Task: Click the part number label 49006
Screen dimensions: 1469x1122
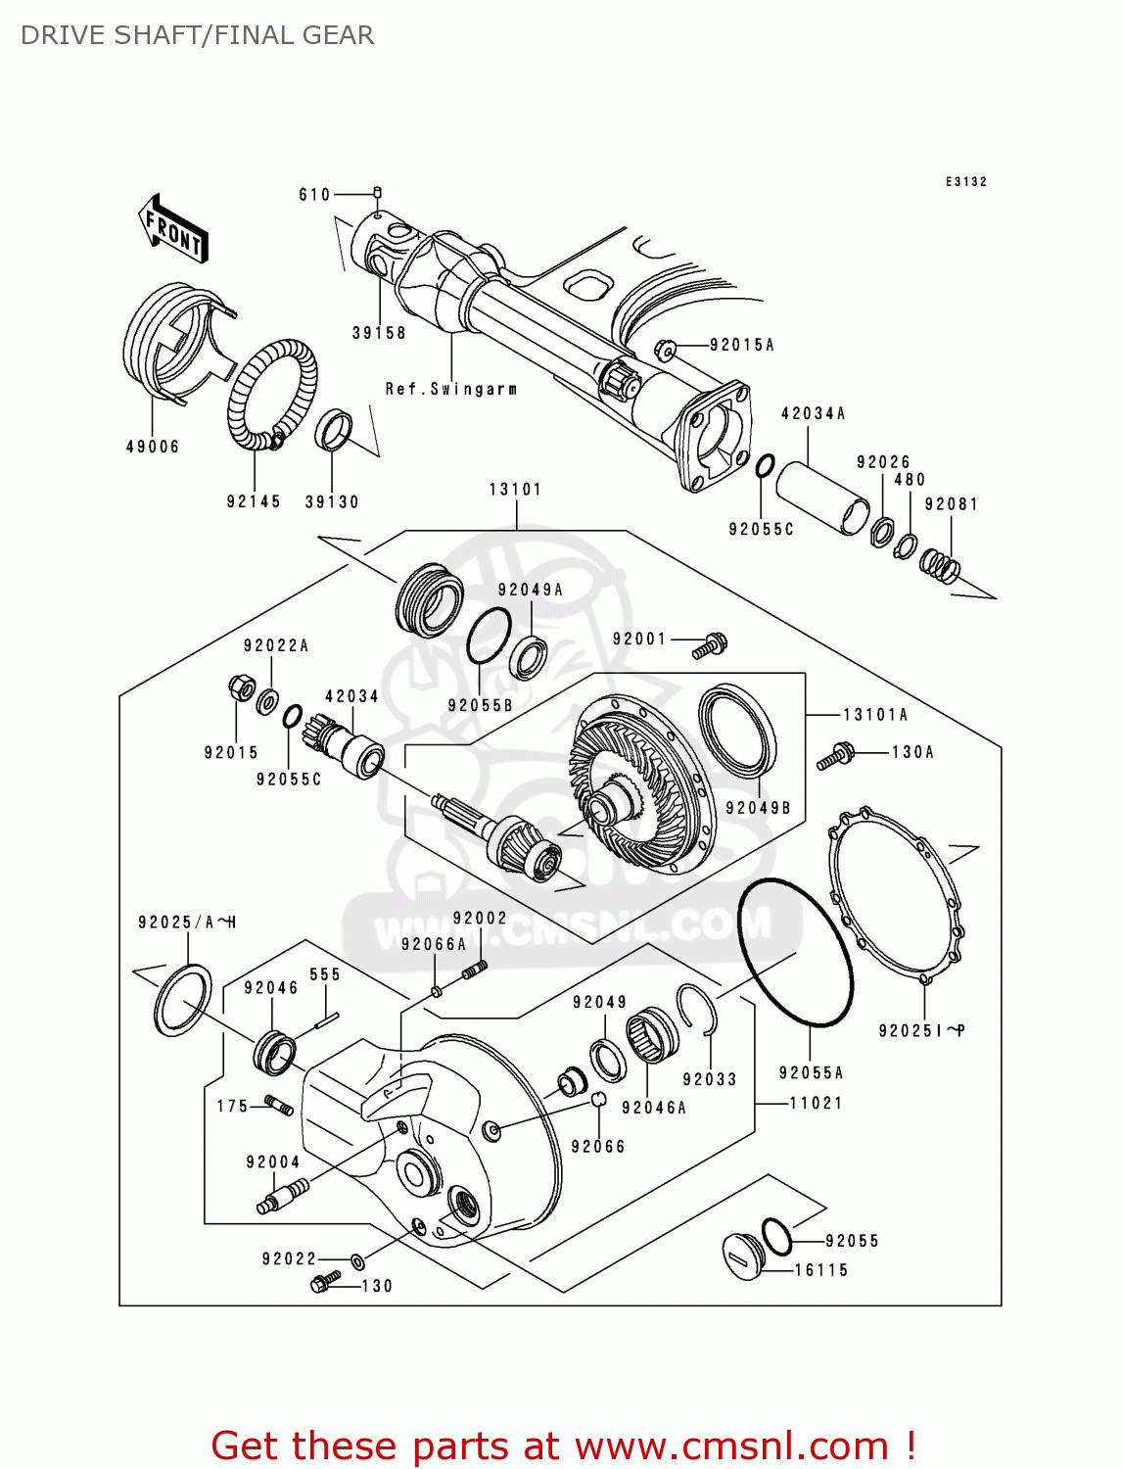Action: tap(153, 447)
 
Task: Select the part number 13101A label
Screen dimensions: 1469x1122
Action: tap(875, 715)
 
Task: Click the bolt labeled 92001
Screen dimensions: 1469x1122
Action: tap(710, 645)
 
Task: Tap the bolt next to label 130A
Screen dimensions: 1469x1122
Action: tap(835, 756)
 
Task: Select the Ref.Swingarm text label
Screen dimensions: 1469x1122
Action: tap(450, 389)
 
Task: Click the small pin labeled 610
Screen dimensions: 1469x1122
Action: tap(378, 193)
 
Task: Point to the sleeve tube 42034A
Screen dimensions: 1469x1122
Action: tap(822, 498)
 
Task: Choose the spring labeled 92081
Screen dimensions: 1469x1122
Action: tap(940, 566)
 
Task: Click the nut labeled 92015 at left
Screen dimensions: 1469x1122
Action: tap(240, 687)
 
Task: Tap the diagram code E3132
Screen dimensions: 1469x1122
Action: tap(965, 182)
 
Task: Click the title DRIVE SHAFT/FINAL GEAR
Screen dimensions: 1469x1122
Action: tap(197, 35)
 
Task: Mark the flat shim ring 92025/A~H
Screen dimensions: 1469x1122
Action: tap(182, 1000)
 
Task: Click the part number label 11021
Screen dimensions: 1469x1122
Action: tap(816, 1103)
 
